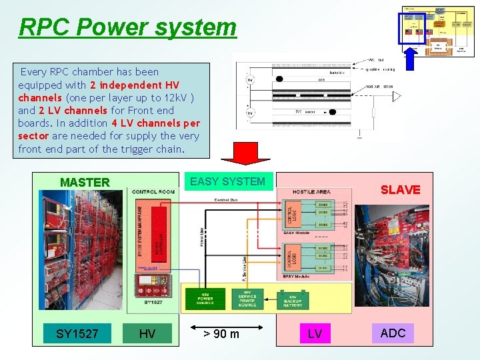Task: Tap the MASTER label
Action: [x=85, y=182]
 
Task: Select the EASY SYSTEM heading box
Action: [x=227, y=181]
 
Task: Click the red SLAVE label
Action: [x=400, y=189]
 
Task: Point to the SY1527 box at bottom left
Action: [x=77, y=333]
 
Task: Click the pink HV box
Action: [x=147, y=333]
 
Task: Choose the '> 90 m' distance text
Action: [x=221, y=333]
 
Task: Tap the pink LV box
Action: [x=315, y=333]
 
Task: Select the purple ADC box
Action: [x=393, y=333]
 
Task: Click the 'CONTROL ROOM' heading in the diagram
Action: [x=153, y=192]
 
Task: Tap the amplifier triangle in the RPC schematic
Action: [x=396, y=97]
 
